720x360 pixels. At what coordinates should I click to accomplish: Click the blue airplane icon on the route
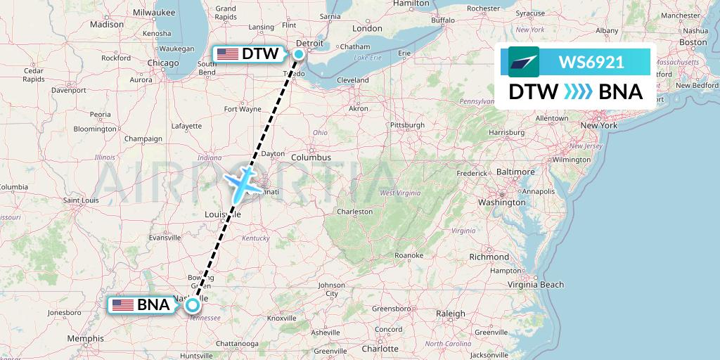(x=241, y=183)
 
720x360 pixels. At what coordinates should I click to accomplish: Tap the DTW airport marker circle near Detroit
(x=300, y=54)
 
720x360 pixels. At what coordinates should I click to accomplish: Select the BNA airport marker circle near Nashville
(x=192, y=304)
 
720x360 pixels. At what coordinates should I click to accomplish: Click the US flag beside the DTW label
(x=227, y=54)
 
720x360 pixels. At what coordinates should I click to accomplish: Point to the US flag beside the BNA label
(x=123, y=304)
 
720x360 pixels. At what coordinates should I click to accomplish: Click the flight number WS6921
(x=591, y=62)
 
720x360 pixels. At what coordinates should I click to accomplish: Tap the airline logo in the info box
(x=524, y=62)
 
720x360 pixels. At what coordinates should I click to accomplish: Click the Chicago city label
(x=163, y=63)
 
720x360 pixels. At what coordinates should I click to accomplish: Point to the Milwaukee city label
(x=153, y=12)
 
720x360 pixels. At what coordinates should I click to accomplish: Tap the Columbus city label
(x=311, y=157)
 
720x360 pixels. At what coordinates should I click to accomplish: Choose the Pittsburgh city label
(x=408, y=125)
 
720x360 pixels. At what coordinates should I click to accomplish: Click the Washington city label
(x=502, y=202)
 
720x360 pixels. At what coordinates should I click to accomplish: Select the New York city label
(x=598, y=125)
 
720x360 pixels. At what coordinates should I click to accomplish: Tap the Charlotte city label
(x=380, y=349)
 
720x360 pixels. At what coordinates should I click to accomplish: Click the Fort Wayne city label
(x=242, y=109)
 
